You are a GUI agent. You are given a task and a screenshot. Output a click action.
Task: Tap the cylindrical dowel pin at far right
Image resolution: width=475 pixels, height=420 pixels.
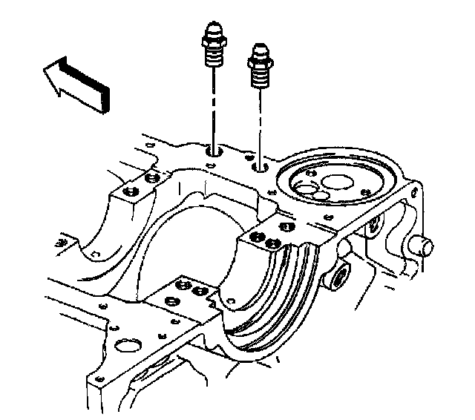(x=423, y=246)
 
